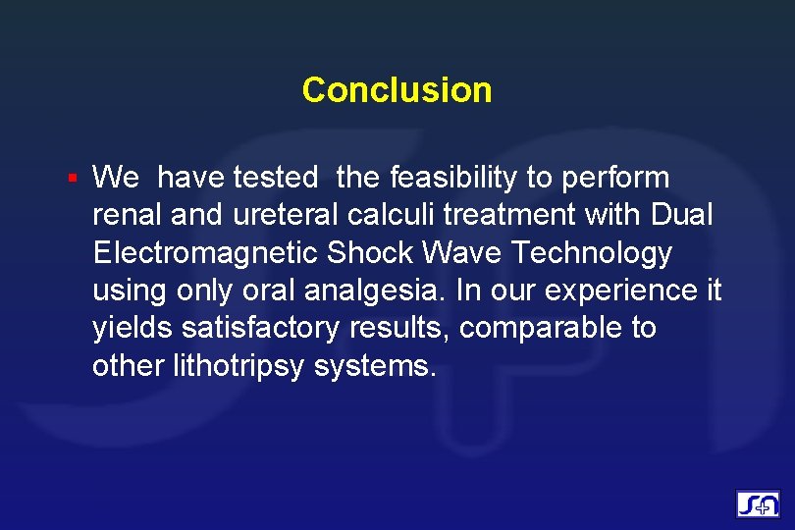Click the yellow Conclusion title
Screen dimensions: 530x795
(397, 89)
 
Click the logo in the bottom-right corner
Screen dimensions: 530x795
(758, 504)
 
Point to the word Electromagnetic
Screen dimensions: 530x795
(205, 252)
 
